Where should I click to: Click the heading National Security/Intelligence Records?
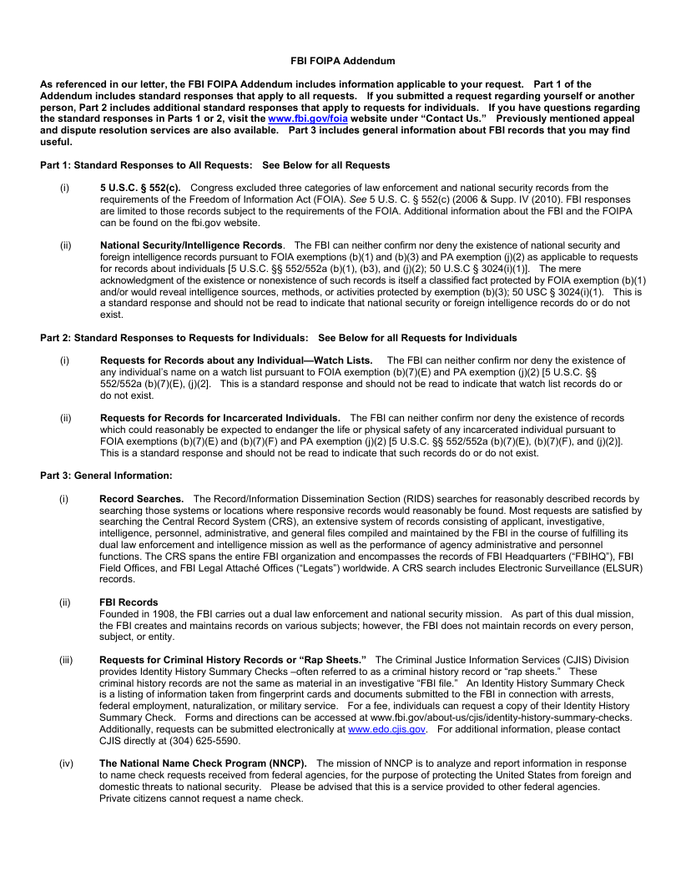click(191, 245)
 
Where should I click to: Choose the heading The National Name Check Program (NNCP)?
click(203, 763)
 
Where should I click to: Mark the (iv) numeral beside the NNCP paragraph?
click(66, 763)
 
